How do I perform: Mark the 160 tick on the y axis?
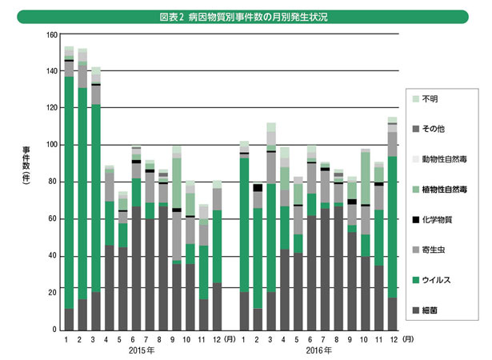coord(52,34)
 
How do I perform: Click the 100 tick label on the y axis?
coord(52,145)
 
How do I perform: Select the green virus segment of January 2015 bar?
coord(70,192)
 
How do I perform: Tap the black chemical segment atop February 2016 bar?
coord(258,188)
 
